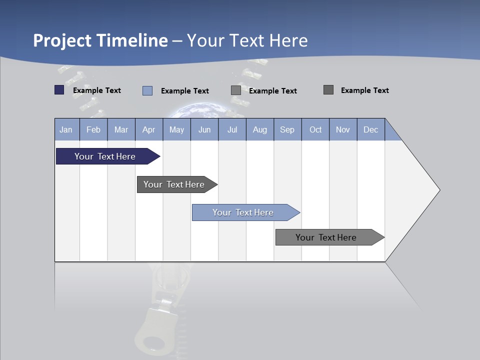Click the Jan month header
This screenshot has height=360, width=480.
(x=66, y=129)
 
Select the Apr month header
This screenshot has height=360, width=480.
(x=148, y=129)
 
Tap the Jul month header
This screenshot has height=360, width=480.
(x=232, y=129)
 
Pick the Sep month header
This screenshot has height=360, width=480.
(x=287, y=129)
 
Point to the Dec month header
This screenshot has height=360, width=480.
(x=370, y=129)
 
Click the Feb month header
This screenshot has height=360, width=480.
(x=93, y=129)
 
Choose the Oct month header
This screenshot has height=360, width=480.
(x=315, y=129)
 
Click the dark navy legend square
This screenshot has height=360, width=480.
(x=59, y=90)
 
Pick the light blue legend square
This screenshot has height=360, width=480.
(x=147, y=90)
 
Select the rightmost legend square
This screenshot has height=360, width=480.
(x=328, y=90)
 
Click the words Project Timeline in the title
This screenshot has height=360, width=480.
(x=100, y=40)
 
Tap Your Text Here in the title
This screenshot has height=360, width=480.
(x=247, y=40)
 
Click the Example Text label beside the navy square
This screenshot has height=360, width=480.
(x=97, y=90)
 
